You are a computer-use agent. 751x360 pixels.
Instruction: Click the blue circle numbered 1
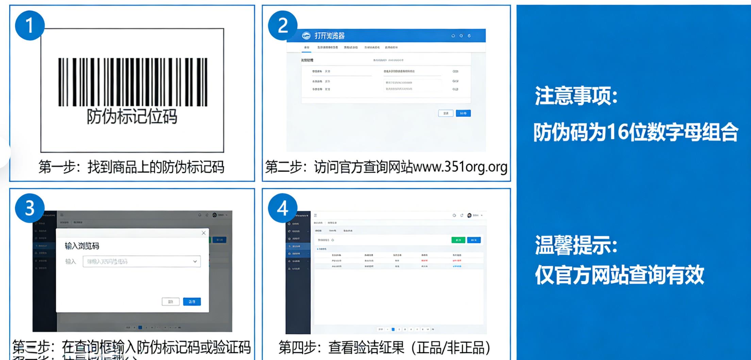(30, 26)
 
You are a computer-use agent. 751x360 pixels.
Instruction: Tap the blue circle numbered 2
(283, 26)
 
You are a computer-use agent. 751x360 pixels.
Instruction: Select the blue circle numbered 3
(30, 208)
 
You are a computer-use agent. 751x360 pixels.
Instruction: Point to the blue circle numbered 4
(283, 208)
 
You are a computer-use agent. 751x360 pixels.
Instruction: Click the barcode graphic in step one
(133, 82)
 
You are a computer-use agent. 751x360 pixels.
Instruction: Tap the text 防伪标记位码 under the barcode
(132, 117)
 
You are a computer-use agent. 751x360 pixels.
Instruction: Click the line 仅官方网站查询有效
(619, 275)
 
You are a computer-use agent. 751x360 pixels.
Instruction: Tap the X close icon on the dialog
(203, 233)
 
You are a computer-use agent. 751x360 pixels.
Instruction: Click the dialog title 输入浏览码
(82, 246)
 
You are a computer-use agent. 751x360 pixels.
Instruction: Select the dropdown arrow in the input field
(195, 261)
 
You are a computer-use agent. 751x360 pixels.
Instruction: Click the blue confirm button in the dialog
(192, 301)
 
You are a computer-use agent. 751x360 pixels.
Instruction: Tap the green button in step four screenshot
(458, 240)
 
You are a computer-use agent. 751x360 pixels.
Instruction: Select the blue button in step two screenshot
(463, 113)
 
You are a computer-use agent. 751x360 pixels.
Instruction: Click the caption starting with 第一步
(131, 167)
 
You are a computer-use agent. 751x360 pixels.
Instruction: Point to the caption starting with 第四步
(385, 348)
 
